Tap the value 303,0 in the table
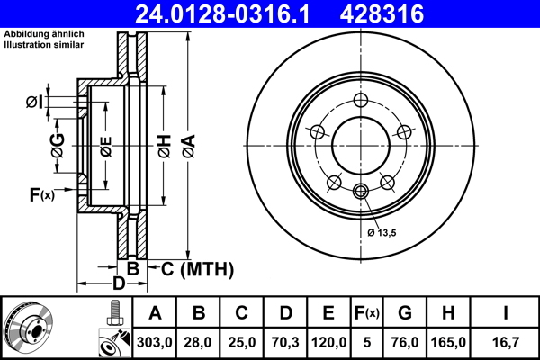point(155,342)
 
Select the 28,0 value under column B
point(199,342)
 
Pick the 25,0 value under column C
point(242,342)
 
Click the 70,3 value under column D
point(285,342)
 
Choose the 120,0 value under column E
point(328,342)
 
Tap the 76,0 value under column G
point(405,342)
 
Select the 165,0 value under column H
point(450,342)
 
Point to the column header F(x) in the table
point(366,314)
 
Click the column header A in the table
point(155,314)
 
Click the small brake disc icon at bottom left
point(31,328)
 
